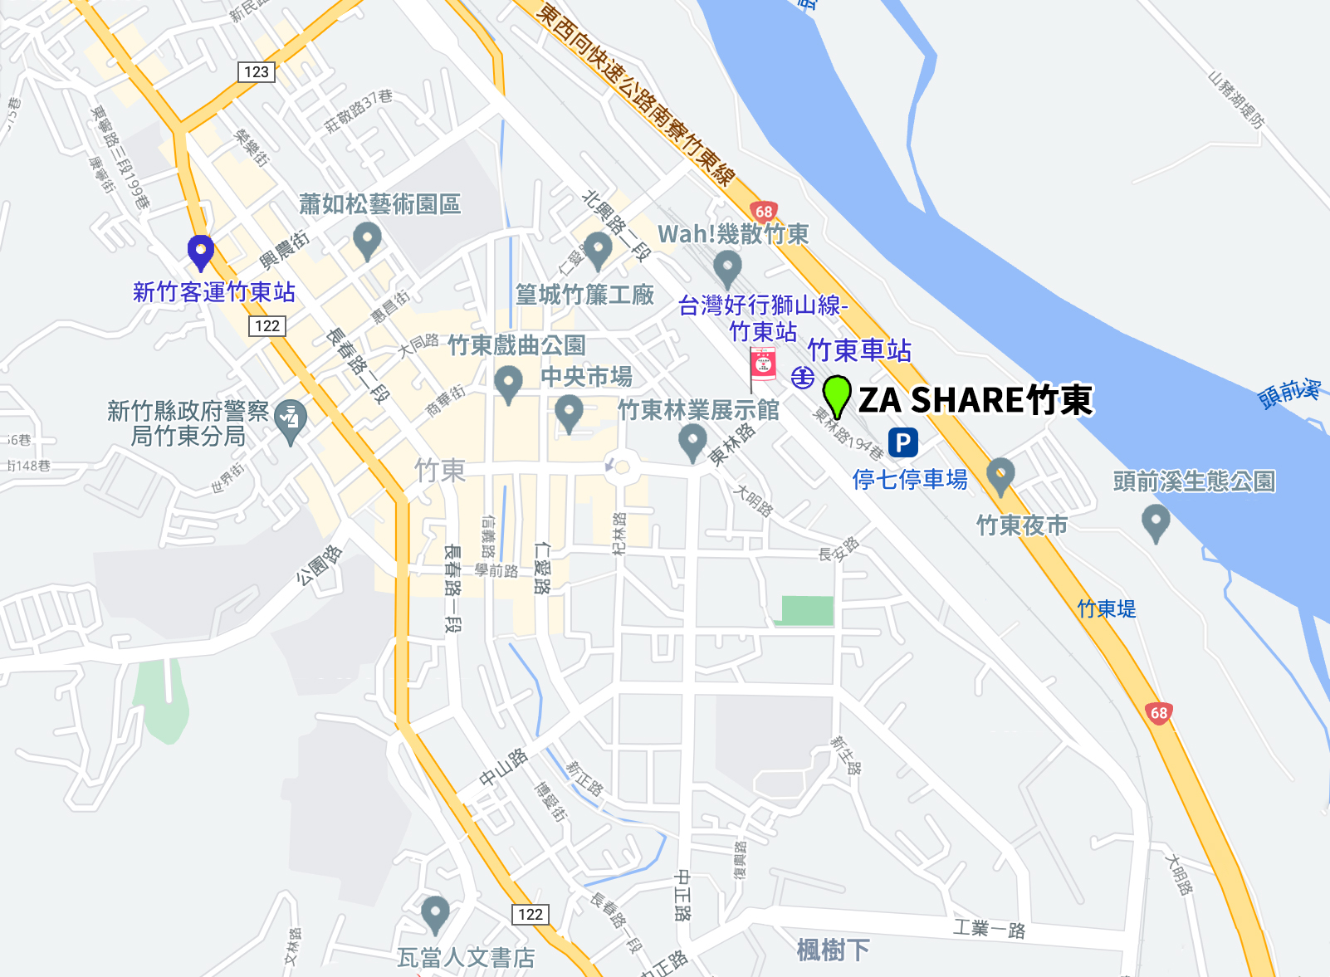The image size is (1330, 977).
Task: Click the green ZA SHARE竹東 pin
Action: tap(837, 395)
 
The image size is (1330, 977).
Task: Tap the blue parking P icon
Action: tap(902, 442)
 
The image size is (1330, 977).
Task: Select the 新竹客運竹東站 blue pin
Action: tap(201, 252)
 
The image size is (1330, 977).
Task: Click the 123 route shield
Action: tap(257, 72)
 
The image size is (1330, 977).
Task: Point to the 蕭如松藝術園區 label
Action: tap(379, 204)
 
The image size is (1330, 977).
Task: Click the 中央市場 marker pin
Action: tap(569, 412)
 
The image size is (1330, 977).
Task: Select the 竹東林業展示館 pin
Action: tap(692, 442)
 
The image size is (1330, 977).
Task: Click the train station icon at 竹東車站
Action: tap(802, 378)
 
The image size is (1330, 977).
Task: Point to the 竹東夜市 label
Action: tap(1022, 525)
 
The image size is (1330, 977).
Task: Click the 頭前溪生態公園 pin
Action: tap(1156, 523)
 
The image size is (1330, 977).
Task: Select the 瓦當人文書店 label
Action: tap(466, 958)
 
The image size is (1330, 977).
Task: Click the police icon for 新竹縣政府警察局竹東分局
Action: tap(291, 420)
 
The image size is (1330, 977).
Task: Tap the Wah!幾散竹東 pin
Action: tap(727, 268)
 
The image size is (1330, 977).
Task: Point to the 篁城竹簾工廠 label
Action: tap(584, 295)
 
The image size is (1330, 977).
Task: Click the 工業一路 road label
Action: tap(989, 928)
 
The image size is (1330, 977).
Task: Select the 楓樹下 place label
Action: tap(833, 950)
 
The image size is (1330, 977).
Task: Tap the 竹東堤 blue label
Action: tap(1106, 608)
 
